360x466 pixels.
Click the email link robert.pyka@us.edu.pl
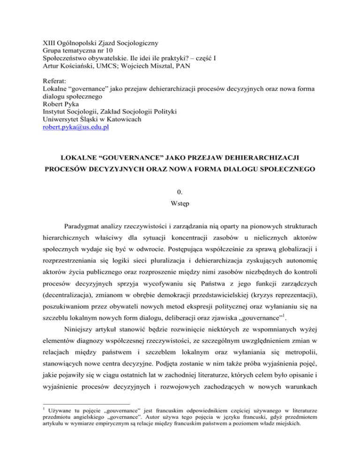(73, 127)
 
